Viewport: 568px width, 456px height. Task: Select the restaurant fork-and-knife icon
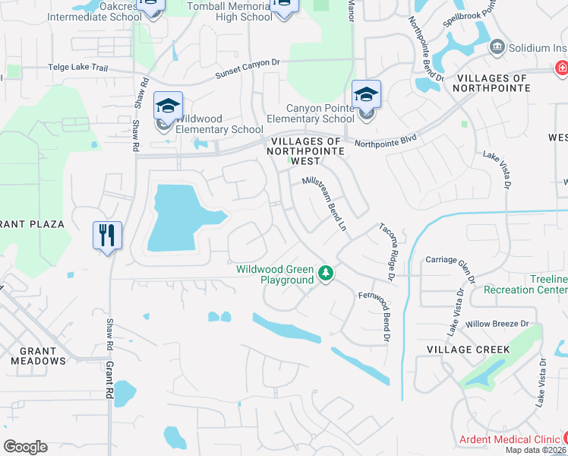(107, 234)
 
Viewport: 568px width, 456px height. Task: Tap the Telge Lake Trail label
(79, 67)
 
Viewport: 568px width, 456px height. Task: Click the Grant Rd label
(109, 380)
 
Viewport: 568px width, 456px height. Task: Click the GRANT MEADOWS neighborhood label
(39, 356)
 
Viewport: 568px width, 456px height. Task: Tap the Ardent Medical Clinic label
(510, 440)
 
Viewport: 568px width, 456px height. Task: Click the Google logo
(26, 447)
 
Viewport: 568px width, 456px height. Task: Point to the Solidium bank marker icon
(497, 47)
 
